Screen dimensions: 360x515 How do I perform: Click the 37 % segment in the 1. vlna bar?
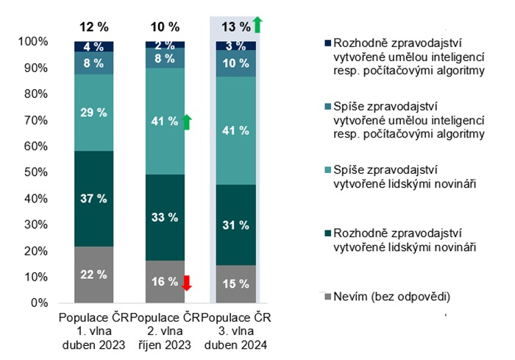[93, 199]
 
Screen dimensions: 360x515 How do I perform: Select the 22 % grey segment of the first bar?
[93, 274]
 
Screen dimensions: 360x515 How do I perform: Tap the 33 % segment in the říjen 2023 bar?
[164, 217]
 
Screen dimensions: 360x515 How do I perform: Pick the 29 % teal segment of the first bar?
[93, 113]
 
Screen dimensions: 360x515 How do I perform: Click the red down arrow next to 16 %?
[187, 283]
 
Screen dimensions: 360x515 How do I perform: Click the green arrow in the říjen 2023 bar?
[187, 121]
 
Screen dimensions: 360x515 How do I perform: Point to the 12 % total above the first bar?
[93, 27]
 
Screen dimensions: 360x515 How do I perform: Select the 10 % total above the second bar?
[164, 27]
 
